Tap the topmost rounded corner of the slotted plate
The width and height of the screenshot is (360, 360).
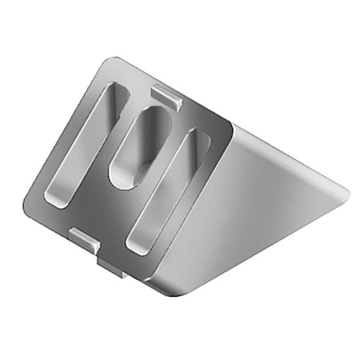[x=112, y=62]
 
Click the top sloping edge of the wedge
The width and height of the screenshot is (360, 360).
[x=288, y=156]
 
